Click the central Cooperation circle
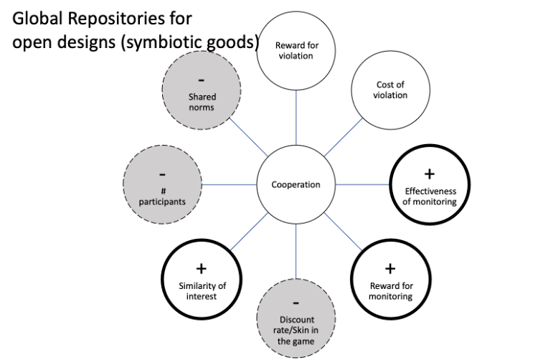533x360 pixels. coord(296,185)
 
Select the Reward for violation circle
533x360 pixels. coord(296,52)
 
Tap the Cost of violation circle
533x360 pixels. coord(391,91)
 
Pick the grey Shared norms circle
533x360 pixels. coord(202,92)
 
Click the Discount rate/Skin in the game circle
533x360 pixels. coord(296,316)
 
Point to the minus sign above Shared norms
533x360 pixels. coord(202,79)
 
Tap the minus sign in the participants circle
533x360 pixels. coord(162,174)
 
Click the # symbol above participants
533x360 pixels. coord(162,191)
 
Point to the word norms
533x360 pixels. coord(202,108)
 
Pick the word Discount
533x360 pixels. coord(296,320)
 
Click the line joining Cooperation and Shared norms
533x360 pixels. coord(247,137)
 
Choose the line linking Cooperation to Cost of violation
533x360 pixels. coord(343,137)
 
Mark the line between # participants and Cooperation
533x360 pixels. coord(230,185)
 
